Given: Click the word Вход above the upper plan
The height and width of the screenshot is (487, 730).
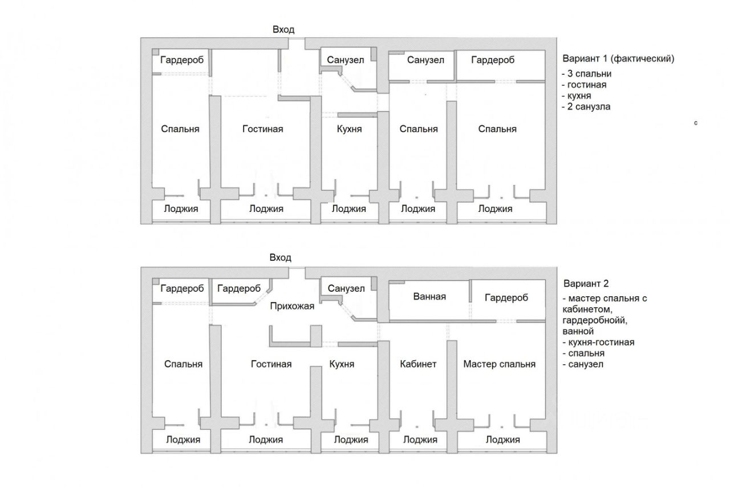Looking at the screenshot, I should pos(283,30).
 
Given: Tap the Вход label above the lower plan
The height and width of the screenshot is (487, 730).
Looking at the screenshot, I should pos(281,258).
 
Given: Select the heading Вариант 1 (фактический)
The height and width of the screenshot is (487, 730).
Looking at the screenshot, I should pos(618,59).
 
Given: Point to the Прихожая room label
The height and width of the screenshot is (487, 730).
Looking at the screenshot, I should pos(292,307).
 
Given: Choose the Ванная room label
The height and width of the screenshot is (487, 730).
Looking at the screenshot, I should pos(429,296).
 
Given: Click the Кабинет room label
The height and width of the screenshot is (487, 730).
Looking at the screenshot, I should pos(418,364).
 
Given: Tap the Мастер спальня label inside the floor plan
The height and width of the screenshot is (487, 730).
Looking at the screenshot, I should pos(499,364).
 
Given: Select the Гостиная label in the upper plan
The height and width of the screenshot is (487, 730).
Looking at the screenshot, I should pos(262,129).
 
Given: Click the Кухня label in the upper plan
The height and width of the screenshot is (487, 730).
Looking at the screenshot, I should pos(348,129).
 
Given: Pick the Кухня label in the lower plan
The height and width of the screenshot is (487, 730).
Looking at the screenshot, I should pos(342,364).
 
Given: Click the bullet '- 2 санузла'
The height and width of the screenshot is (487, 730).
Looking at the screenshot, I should pos(586,106).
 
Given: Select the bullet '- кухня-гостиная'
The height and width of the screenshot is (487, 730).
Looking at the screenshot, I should pos(598,343).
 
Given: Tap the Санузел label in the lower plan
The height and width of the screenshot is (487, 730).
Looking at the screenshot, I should pos(346,288).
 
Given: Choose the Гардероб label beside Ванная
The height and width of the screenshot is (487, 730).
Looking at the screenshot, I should pos(506,297).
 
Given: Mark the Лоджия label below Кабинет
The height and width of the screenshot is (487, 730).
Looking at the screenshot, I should pos(420,440).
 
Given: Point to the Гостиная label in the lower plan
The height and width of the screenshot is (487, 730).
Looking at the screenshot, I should pos(271,364).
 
